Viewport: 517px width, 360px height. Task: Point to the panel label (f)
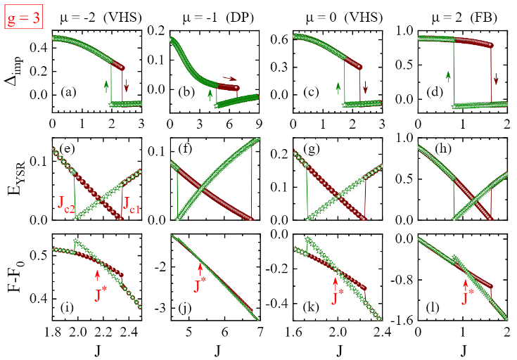click(184, 149)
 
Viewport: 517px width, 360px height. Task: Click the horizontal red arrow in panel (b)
click(230, 78)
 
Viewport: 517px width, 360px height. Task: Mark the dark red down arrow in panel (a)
click(127, 86)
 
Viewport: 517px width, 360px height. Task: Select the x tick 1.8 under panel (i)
click(53, 332)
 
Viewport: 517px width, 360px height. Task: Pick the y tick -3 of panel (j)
click(161, 308)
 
